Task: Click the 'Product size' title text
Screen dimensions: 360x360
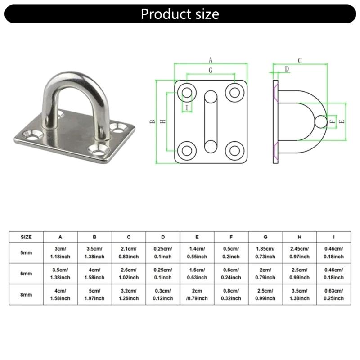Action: pos(180,13)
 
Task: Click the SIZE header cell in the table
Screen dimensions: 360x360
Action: pos(27,236)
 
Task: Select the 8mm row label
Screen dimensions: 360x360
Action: pos(27,295)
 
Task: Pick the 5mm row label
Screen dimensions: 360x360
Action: pos(27,252)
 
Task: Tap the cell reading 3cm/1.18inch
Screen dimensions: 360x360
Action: pos(60,252)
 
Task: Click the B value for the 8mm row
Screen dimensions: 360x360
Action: pos(94,295)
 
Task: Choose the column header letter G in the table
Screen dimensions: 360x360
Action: pos(265,236)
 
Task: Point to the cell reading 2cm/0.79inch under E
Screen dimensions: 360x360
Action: pos(197,295)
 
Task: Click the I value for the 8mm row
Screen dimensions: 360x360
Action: pos(333,295)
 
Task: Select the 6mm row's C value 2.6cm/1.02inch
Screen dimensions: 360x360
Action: pos(129,274)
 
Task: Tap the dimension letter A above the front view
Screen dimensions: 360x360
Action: pos(210,59)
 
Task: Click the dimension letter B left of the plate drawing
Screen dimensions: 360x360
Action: pos(153,121)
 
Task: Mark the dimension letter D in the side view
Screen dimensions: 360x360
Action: pos(287,69)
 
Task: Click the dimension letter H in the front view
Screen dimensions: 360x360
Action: pos(163,121)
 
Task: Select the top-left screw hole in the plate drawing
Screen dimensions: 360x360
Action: pos(187,93)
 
